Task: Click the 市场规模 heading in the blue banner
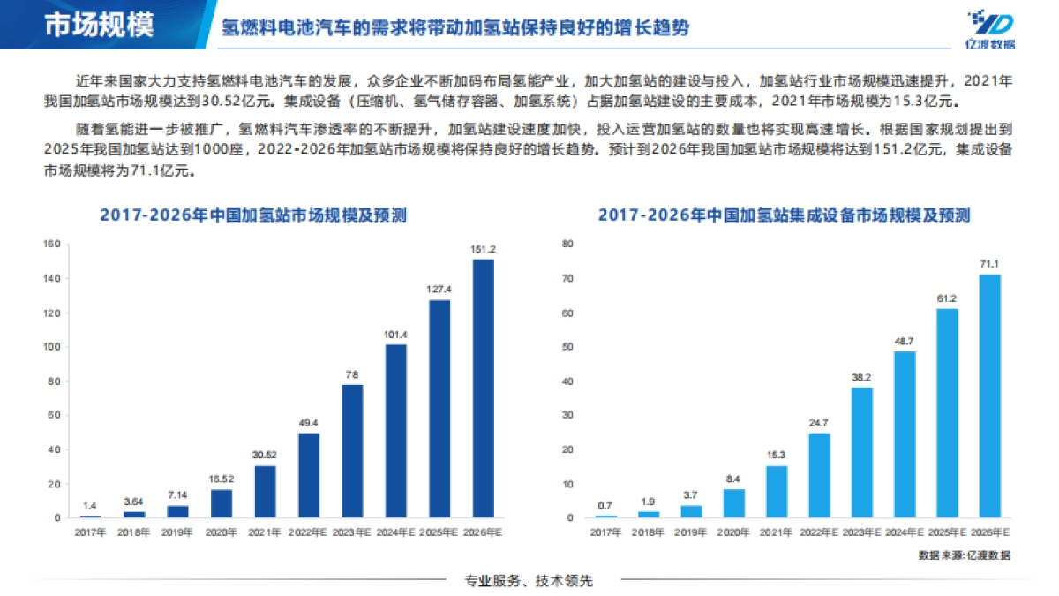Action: pyautogui.click(x=98, y=25)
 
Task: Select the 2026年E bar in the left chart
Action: pyautogui.click(x=484, y=388)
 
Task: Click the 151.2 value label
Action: pyautogui.click(x=484, y=249)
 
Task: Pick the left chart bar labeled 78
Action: pyautogui.click(x=352, y=450)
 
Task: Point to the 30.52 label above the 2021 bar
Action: pyautogui.click(x=265, y=456)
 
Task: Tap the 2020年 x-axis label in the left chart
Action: pyautogui.click(x=221, y=532)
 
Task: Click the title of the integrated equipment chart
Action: pyautogui.click(x=784, y=215)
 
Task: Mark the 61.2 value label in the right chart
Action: pyautogui.click(x=947, y=298)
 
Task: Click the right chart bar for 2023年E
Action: pyautogui.click(x=861, y=452)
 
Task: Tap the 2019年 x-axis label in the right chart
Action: pyautogui.click(x=690, y=532)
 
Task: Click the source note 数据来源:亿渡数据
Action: pyautogui.click(x=964, y=555)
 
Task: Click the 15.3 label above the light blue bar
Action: pyautogui.click(x=776, y=456)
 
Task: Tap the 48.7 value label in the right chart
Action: pyautogui.click(x=905, y=341)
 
